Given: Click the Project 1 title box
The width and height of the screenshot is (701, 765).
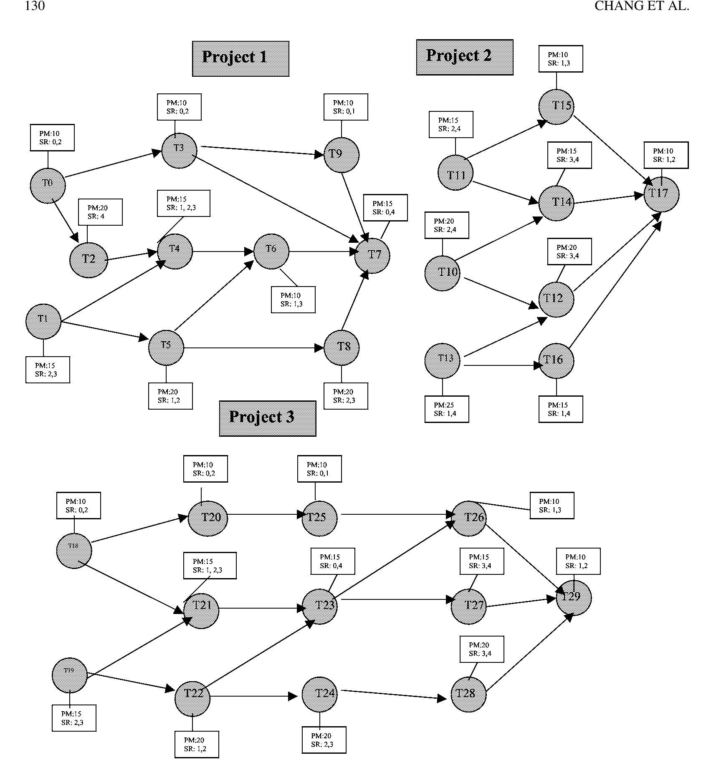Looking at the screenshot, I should click(240, 58).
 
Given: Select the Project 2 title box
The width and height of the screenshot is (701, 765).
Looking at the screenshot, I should click(464, 57).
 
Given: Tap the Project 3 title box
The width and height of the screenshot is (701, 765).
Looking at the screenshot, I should click(267, 418).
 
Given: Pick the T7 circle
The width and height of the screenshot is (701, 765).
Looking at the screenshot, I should click(372, 255).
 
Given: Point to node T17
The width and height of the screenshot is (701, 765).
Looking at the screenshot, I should click(661, 194).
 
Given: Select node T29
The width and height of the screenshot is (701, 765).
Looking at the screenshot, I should click(574, 598).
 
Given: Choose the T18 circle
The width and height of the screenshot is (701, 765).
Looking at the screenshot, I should click(74, 551).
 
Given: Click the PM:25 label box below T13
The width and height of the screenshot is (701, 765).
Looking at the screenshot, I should click(446, 409).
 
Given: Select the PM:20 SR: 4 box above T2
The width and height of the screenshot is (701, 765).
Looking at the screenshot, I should click(100, 212).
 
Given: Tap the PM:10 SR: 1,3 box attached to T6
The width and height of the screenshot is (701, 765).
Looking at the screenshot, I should click(293, 299).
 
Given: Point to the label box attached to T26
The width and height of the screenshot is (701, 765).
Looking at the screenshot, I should click(552, 506).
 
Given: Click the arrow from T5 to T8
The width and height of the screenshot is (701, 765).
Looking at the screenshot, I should click(251, 348).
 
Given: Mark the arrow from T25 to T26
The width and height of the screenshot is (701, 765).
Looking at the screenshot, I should click(397, 514).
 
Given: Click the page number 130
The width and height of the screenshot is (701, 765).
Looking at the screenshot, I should click(35, 6).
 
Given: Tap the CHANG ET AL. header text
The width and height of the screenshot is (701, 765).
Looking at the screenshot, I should click(641, 6).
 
